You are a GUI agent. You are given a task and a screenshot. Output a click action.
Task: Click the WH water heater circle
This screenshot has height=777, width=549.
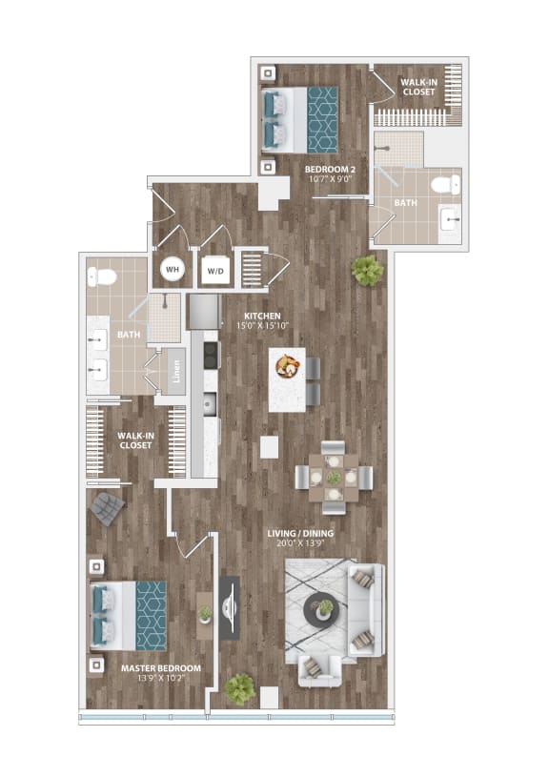173,270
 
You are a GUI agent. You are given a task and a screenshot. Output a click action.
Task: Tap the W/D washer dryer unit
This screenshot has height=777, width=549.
214,270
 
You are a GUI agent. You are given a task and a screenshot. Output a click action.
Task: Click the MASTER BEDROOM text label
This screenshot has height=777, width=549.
161,668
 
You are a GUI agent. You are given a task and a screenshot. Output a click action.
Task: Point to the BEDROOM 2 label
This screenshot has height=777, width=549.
329,169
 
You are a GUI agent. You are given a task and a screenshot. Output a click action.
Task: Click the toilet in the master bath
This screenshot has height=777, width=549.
102,276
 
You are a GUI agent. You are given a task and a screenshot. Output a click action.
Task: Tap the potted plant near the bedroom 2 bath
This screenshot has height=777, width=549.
367,271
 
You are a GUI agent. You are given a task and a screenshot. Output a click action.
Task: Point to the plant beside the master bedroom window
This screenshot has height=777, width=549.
241,687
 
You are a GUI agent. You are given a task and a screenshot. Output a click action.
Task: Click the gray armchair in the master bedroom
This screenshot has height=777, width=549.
108,510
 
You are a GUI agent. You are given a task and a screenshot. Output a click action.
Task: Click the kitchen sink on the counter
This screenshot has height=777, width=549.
207,404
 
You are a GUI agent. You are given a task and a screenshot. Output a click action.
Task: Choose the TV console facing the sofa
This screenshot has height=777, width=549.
230,607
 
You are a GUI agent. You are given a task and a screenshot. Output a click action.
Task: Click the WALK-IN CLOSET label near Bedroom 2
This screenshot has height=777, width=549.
418,87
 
